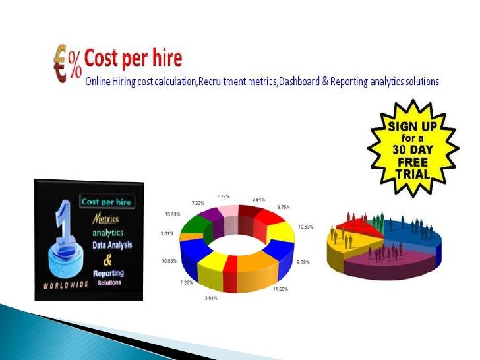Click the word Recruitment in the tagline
tap(224, 82)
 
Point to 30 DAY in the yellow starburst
tap(413, 150)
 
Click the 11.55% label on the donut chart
tap(281, 289)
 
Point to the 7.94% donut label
tap(258, 198)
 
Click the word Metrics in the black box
tap(105, 218)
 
